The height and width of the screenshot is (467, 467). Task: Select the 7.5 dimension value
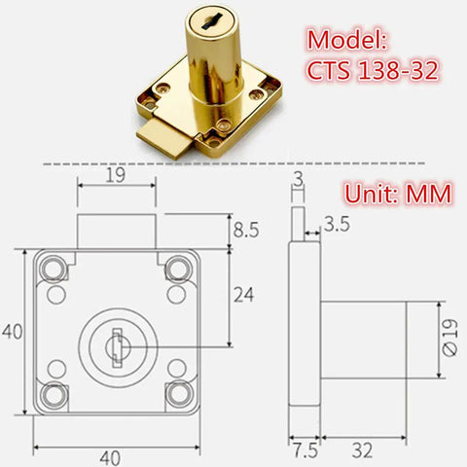304,450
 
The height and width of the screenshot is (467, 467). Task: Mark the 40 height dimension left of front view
12,332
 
